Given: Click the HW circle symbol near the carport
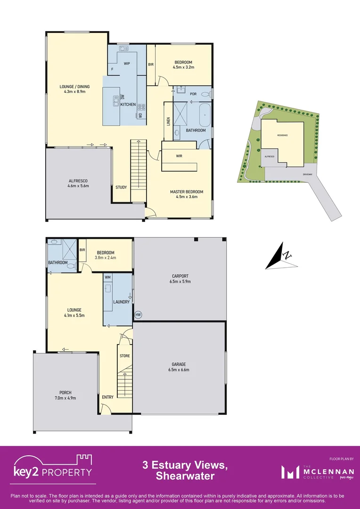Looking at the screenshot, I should click(138, 314).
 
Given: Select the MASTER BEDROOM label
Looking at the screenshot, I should click(187, 192).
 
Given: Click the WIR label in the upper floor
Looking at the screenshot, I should click(179, 156).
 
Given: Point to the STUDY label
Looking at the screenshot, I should click(121, 187).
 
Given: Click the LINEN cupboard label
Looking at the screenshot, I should click(168, 121).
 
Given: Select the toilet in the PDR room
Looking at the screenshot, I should click(205, 94).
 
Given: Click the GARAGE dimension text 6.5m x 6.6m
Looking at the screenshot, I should click(179, 370).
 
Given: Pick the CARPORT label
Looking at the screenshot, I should click(180, 276).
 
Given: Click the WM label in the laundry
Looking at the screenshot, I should click(108, 277).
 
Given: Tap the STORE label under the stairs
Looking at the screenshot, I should click(124, 356).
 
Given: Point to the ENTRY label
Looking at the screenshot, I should click(107, 397).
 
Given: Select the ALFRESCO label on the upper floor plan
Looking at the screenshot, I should click(78, 181).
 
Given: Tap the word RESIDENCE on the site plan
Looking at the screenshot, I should click(282, 135).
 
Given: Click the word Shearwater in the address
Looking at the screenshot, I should click(185, 476).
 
